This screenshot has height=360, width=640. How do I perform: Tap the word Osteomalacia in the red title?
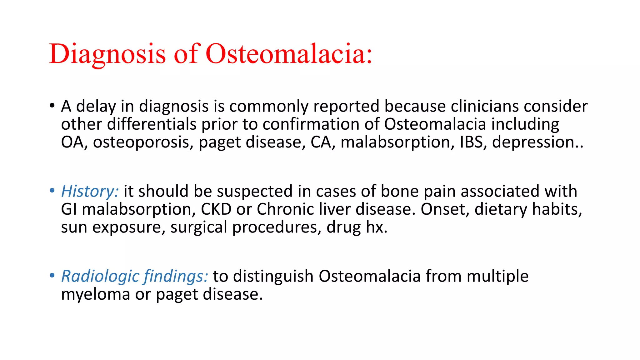(x=289, y=54)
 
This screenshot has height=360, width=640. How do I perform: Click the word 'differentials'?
(x=152, y=124)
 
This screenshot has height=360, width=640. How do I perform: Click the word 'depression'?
(x=533, y=142)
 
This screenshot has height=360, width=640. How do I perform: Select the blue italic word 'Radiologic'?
(x=100, y=276)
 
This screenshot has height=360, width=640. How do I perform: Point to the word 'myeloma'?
(x=96, y=294)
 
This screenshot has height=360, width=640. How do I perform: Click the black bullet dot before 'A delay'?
(x=52, y=106)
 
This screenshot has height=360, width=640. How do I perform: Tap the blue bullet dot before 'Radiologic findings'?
(x=52, y=276)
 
